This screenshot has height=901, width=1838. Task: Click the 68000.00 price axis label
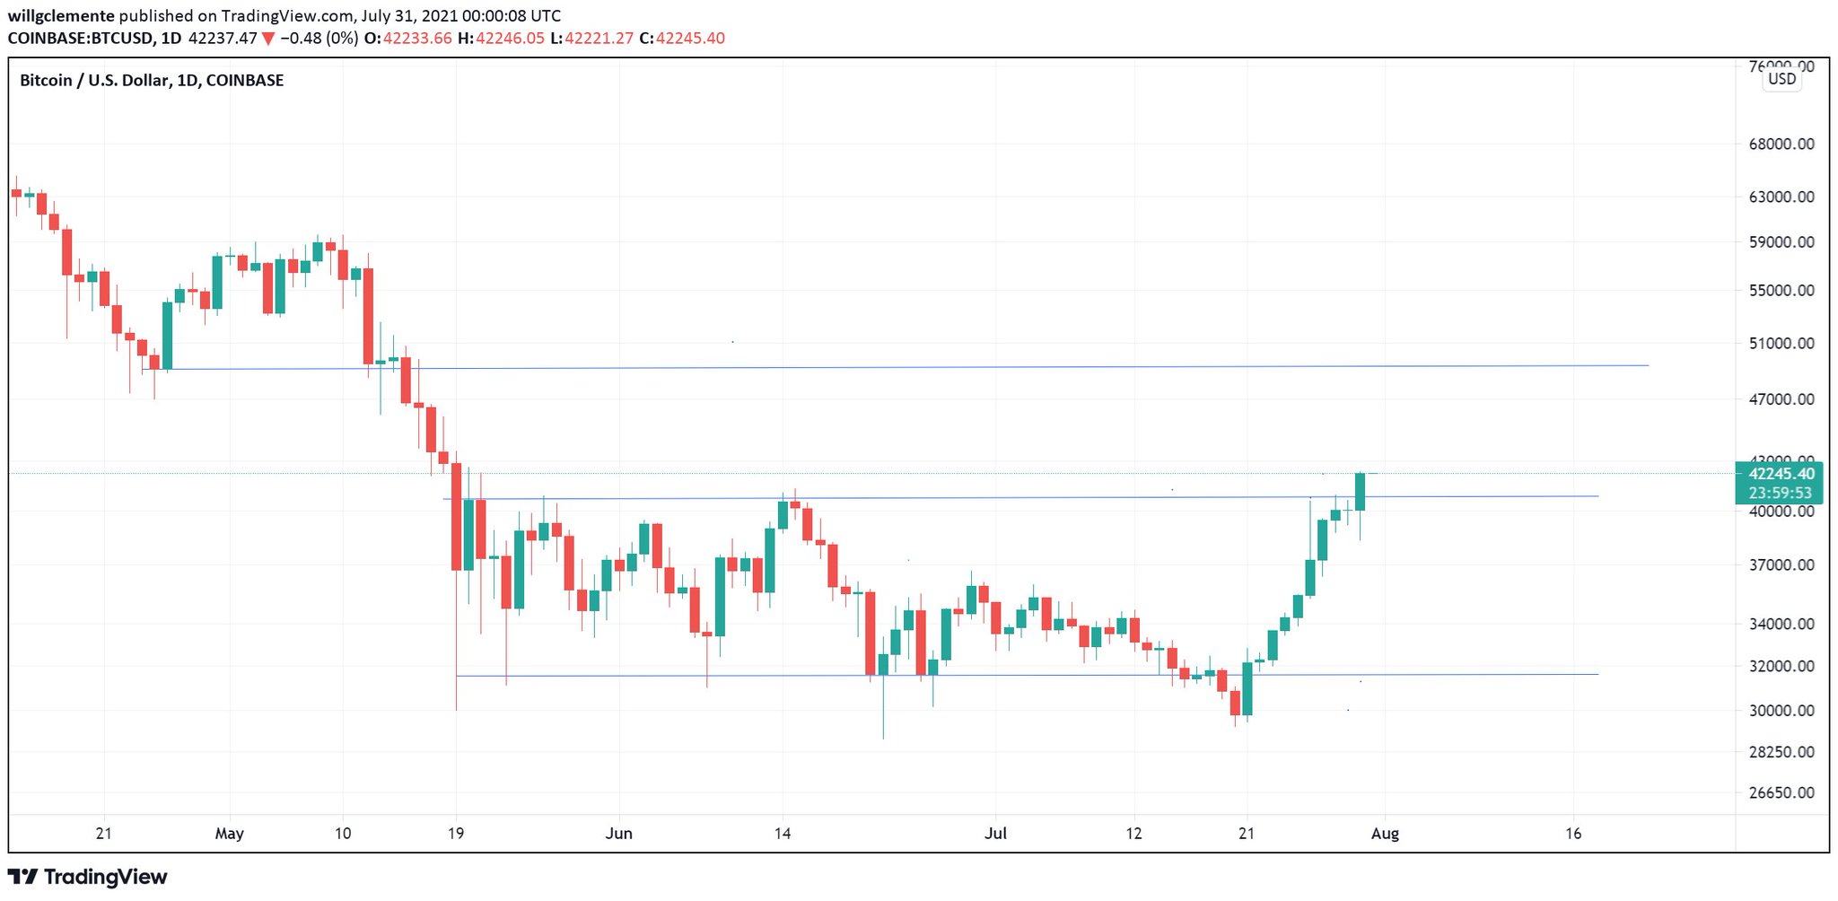click(1781, 144)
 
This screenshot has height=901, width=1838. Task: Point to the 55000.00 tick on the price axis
click(1781, 291)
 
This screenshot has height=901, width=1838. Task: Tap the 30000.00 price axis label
click(1781, 711)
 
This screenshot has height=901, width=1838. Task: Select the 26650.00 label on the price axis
click(1781, 793)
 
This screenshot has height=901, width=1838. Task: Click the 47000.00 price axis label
click(1781, 399)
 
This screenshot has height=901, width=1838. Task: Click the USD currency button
click(1781, 79)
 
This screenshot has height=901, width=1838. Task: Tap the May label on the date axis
click(230, 834)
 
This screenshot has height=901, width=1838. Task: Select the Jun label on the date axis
click(619, 834)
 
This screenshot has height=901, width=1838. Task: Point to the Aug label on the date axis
click(1385, 834)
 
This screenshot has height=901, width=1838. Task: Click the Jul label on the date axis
click(995, 834)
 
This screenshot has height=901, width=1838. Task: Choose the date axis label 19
click(456, 834)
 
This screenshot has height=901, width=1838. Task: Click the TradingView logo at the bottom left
click(88, 877)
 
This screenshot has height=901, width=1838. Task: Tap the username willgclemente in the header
click(61, 16)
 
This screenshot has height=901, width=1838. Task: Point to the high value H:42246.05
click(501, 39)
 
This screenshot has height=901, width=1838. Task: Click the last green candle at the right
click(1361, 492)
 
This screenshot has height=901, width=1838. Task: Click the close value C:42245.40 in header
click(682, 39)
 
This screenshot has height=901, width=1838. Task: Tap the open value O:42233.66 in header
click(408, 39)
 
